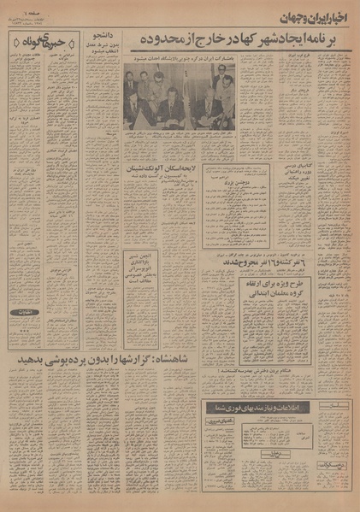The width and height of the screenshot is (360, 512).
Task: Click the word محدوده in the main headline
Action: [135, 41]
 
